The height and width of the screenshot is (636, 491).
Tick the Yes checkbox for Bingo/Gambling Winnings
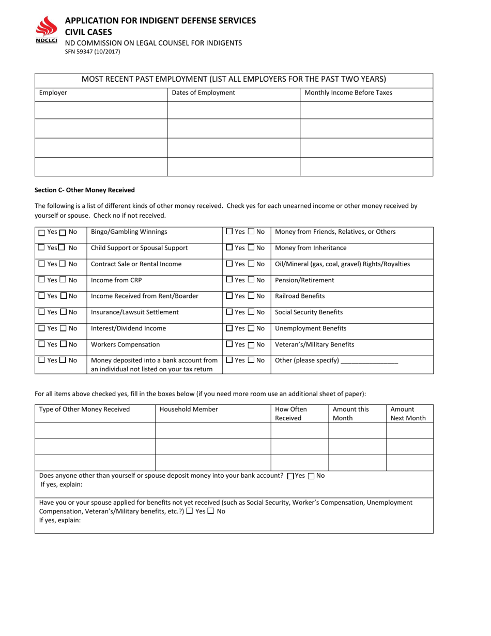42,233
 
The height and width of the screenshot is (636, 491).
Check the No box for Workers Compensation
64,344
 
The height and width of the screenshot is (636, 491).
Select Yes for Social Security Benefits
229,312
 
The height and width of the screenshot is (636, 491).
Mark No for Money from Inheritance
251,248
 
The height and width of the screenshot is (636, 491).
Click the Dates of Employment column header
203,93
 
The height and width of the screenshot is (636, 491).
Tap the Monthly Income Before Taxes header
348,93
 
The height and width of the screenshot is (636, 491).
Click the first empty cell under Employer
101,110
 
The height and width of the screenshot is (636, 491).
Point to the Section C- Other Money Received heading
85,190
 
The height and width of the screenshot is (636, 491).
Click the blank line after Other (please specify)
370,361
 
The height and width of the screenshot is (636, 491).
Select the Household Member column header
189,409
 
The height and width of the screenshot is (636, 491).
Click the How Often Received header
291,413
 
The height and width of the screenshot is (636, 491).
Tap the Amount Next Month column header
408,413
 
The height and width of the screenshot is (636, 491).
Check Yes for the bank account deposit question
290,476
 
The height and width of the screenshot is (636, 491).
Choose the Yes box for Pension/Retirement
229,280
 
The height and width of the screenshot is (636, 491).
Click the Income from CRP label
116,280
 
